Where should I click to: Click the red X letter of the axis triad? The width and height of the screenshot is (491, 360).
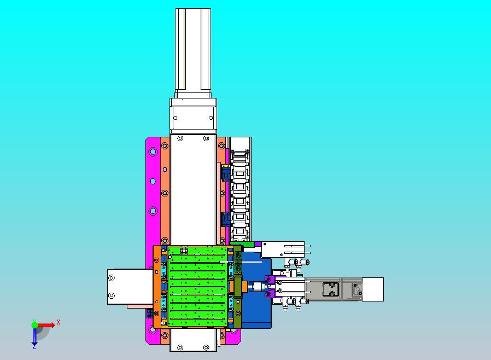click(59, 322)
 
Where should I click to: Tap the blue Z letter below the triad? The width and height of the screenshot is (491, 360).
click(34, 346)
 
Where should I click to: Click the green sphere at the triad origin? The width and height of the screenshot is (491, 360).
click(34, 325)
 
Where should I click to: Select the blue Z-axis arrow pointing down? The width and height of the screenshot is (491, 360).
click(34, 336)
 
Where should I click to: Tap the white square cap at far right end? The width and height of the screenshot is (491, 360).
click(373, 289)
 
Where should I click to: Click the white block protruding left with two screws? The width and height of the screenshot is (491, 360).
click(130, 286)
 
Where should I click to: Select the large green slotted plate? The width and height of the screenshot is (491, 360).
click(197, 286)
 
